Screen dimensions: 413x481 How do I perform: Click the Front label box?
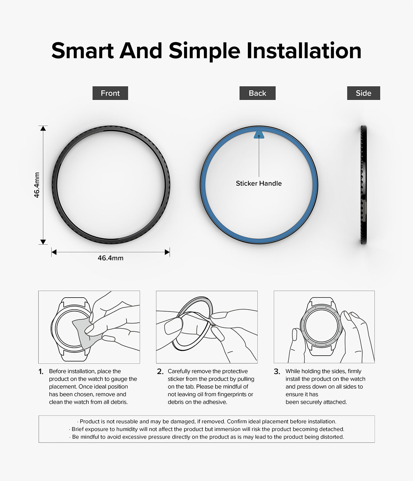[110, 93]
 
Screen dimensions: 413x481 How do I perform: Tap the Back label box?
[257, 93]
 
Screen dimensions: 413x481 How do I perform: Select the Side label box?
[363, 93]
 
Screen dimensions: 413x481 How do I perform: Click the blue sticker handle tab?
[259, 135]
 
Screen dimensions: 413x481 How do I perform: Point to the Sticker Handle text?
[259, 183]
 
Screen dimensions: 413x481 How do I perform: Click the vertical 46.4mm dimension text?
[37, 185]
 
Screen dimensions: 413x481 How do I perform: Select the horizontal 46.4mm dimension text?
[110, 258]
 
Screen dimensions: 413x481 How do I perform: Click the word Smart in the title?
[83, 50]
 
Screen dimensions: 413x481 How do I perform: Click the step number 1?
[41, 372]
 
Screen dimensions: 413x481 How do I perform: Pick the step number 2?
[160, 372]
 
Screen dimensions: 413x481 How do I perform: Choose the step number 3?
[277, 372]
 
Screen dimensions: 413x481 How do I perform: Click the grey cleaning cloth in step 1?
[85, 333]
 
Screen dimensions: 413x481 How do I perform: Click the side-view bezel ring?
[363, 185]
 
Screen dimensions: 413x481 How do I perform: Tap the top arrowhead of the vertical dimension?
[43, 128]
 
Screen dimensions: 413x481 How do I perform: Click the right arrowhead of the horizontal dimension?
[167, 252]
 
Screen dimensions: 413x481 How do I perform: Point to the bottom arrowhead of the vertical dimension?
[43, 242]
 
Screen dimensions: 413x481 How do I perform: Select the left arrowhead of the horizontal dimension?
[54, 252]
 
